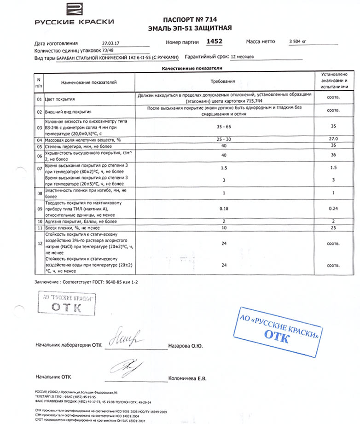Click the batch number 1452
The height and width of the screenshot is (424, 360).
coord(215,41)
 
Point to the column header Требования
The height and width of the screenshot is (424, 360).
coord(223,81)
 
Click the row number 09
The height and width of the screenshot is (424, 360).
coord(39,208)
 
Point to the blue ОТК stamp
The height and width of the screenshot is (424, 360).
coord(279,332)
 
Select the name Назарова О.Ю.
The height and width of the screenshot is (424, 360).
coord(186,345)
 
